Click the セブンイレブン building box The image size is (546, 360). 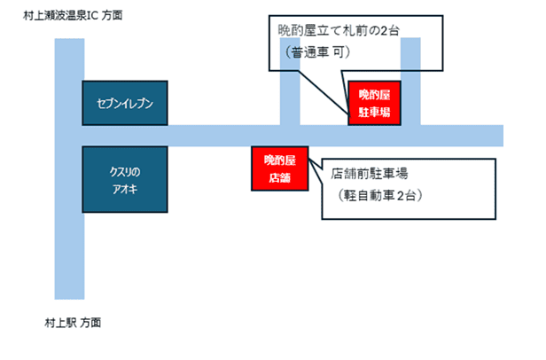125,104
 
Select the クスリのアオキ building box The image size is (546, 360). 125,180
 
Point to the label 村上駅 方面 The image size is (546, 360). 73,322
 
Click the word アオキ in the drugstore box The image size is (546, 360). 125,190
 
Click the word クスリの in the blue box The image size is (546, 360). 125,170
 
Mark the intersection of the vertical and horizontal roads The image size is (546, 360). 69,136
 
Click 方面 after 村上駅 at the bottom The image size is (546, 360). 90,322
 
